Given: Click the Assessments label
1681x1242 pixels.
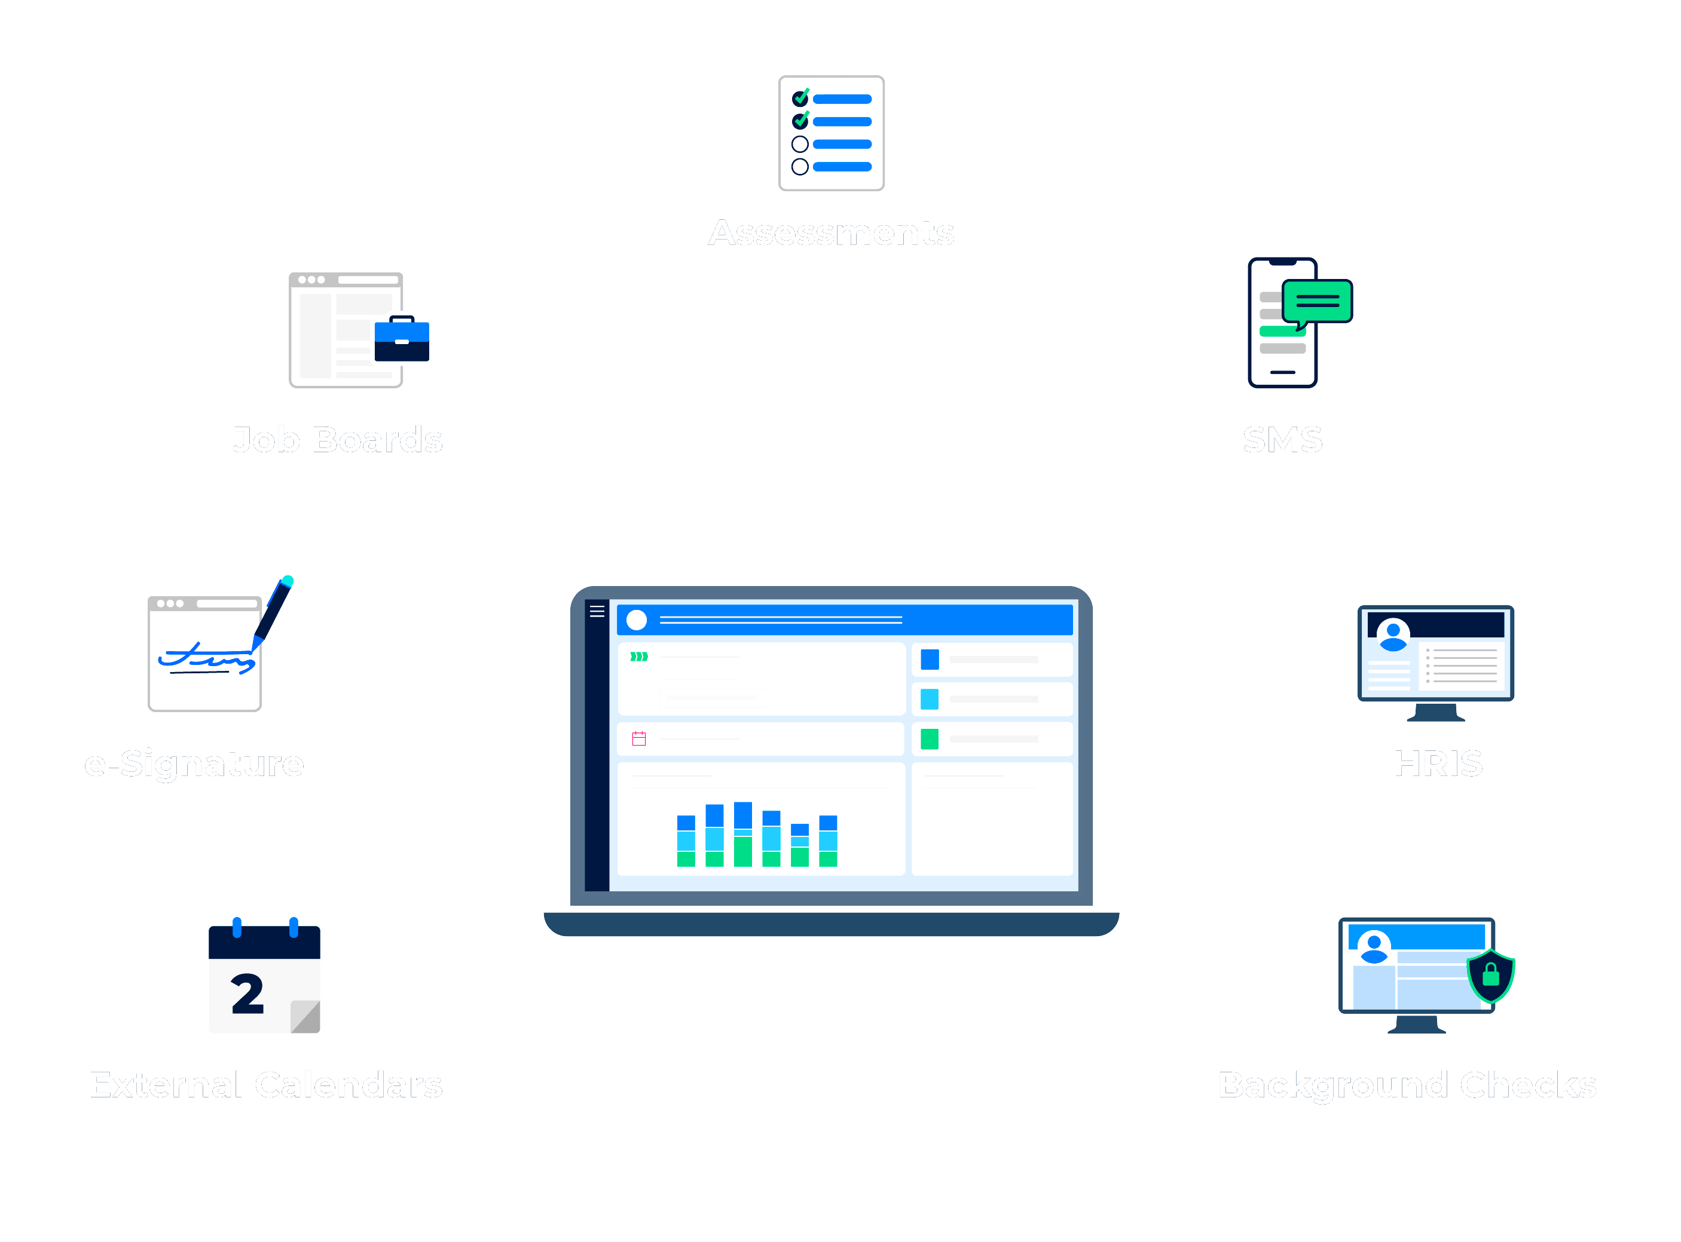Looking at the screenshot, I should point(831,233).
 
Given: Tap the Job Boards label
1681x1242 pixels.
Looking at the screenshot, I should point(337,440).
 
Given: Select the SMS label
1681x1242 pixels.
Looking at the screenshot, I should point(1282,440).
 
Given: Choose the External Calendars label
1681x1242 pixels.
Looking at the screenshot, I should point(265,1085).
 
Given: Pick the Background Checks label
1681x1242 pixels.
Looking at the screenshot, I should point(1407,1085).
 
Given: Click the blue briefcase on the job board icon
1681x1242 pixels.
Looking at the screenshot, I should point(402,340).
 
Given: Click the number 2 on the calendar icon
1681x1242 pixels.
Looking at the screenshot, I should point(247,994).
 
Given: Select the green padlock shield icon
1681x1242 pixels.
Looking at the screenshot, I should point(1491,976).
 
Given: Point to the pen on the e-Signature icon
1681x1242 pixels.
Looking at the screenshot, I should point(273,609).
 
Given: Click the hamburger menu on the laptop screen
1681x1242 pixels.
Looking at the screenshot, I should point(597,611).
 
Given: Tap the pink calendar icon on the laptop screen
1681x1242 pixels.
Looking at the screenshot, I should point(639,738).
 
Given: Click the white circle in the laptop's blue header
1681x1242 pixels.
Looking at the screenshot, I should point(636,620).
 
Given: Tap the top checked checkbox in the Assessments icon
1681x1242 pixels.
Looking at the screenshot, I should point(800,99).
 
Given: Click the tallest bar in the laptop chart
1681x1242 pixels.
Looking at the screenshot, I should point(743,835).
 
